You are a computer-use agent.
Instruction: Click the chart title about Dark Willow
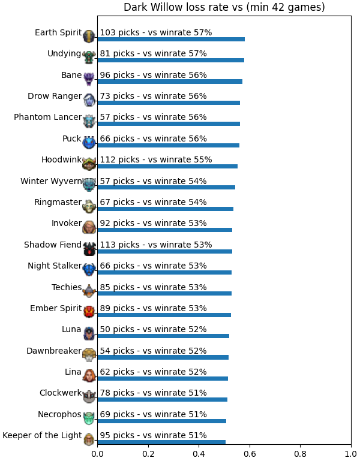pos(224,7)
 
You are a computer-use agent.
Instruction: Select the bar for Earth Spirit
pos(171,40)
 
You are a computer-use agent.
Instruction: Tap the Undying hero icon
pos(89,57)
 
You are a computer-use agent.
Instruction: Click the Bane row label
pos(71,75)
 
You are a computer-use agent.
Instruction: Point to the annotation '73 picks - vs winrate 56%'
pos(153,96)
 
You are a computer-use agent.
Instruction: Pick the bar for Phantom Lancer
pos(169,123)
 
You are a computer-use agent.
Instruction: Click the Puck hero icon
pos(89,142)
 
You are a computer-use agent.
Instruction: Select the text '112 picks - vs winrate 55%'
pos(156,159)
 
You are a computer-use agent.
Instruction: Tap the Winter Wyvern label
pos(51,181)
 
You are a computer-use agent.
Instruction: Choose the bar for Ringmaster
pos(166,209)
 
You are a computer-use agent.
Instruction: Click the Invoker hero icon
pos(89,227)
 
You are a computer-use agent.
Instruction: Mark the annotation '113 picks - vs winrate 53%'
pos(156,245)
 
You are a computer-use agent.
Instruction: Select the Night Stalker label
pos(55,266)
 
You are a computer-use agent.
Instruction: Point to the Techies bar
pos(164,293)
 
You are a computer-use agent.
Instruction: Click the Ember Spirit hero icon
pos(89,312)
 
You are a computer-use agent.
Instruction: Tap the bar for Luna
pos(163,336)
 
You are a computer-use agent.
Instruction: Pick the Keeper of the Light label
pos(42,435)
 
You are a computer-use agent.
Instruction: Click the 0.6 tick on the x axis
pos(250,454)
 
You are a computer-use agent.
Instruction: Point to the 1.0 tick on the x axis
pos(351,454)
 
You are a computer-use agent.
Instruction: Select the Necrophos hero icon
pos(89,418)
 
